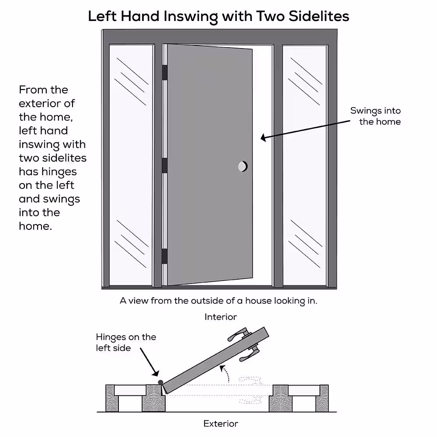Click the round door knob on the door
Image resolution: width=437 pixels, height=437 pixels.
click(243, 166)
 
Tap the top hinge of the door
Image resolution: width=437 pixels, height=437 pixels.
click(165, 73)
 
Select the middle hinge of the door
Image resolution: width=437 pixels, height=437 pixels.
click(165, 166)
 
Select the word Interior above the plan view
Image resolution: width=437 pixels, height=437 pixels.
click(221, 317)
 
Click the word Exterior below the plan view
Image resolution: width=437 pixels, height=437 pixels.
click(221, 423)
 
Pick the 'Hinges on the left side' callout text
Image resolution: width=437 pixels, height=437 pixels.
click(125, 342)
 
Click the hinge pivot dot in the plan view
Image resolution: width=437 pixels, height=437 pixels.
click(160, 382)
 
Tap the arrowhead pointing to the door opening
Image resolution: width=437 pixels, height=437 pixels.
click(264, 139)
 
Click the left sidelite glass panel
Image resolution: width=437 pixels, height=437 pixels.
click(131, 166)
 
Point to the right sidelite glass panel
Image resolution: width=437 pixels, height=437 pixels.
click(305, 166)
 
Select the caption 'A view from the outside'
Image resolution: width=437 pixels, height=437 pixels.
click(218, 301)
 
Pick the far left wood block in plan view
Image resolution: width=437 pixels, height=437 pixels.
click(111, 398)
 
